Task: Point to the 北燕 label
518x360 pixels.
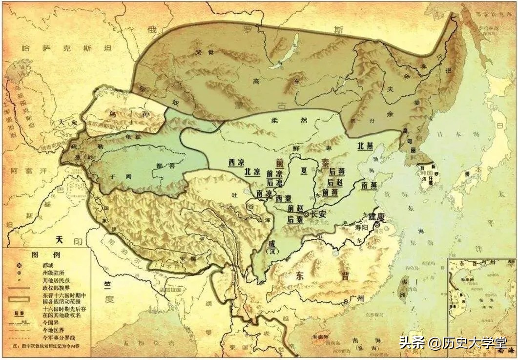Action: pyautogui.click(x=367, y=146)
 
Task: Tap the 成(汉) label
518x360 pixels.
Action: pyautogui.click(x=272, y=246)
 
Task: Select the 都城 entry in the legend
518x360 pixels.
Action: pyautogui.click(x=49, y=265)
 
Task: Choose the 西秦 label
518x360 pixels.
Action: pyautogui.click(x=283, y=199)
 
